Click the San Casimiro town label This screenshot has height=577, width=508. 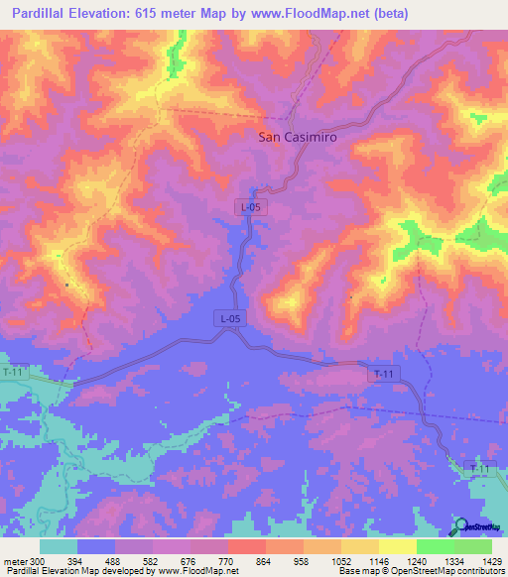(297, 139)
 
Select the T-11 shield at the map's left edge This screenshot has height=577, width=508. (11, 371)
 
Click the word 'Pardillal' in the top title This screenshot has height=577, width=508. (41, 14)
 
